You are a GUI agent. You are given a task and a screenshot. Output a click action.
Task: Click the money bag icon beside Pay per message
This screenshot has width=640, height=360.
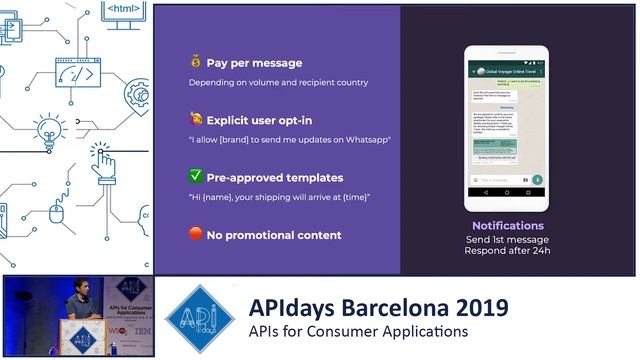tap(196, 61)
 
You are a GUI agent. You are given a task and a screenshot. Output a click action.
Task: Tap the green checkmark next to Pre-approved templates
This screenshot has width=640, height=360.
tap(196, 177)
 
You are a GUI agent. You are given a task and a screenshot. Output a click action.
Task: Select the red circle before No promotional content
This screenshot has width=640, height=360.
tap(196, 235)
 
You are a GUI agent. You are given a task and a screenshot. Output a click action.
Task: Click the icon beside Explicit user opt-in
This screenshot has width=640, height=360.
tap(196, 119)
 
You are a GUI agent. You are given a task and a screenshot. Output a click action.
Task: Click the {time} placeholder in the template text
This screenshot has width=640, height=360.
tap(354, 196)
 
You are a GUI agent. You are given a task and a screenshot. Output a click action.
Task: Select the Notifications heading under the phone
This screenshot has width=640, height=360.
tap(507, 226)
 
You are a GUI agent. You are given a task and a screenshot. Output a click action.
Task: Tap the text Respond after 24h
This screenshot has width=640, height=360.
tap(507, 250)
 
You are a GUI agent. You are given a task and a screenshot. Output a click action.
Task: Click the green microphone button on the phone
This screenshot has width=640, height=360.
tap(537, 179)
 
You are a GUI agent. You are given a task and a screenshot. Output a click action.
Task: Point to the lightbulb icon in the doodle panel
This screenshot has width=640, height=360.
tap(47, 131)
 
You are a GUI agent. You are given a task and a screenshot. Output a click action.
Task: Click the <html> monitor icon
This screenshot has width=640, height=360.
tap(123, 13)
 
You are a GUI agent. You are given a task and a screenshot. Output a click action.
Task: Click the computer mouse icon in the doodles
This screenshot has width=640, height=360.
tap(58, 211)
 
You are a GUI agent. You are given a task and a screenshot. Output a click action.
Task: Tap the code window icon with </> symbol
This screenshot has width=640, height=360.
tap(83, 72)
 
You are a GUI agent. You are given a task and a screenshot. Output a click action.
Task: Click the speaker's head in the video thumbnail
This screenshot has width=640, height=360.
tap(81, 286)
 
